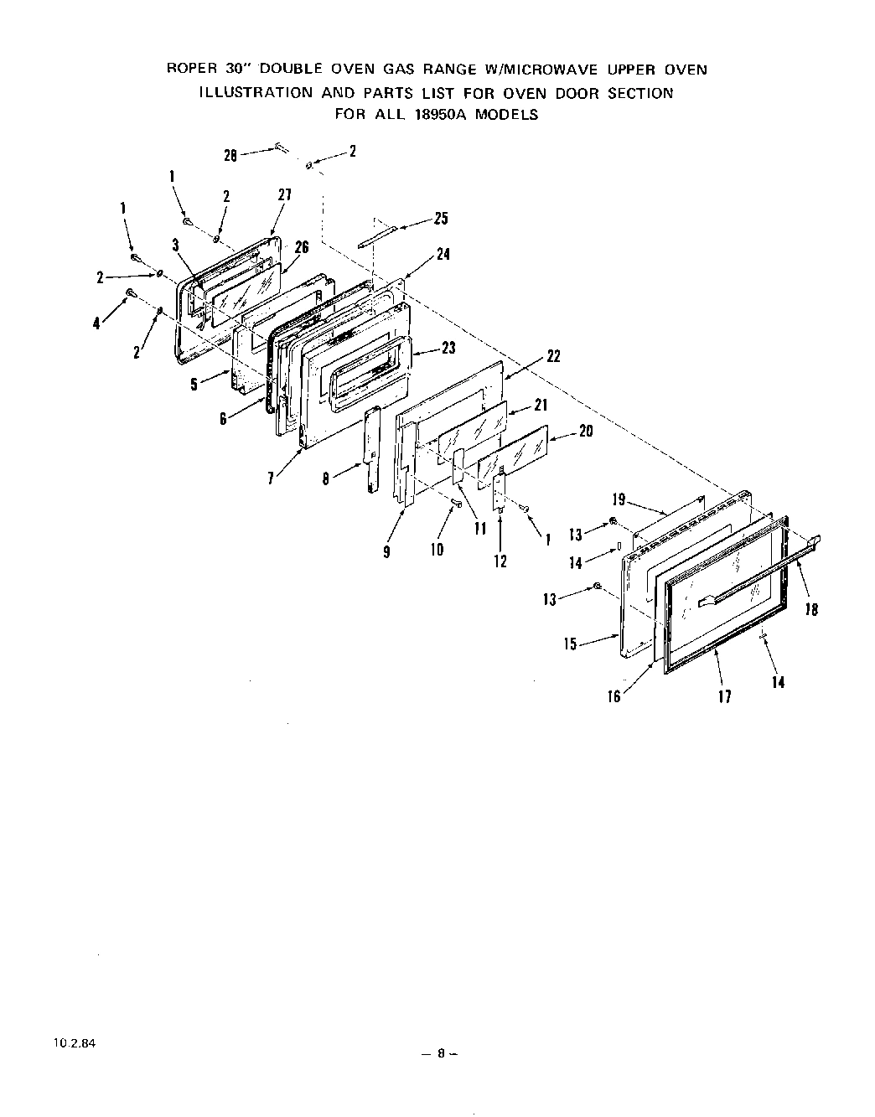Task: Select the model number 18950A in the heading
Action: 440,115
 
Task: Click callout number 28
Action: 230,154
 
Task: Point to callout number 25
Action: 441,219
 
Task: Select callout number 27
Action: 284,194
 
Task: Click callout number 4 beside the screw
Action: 97,322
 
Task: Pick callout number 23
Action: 448,347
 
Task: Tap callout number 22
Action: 553,356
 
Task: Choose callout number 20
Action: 586,432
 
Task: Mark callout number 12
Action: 500,561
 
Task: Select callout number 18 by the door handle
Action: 811,610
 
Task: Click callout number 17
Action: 725,696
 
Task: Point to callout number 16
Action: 614,696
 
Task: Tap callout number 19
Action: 619,500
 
